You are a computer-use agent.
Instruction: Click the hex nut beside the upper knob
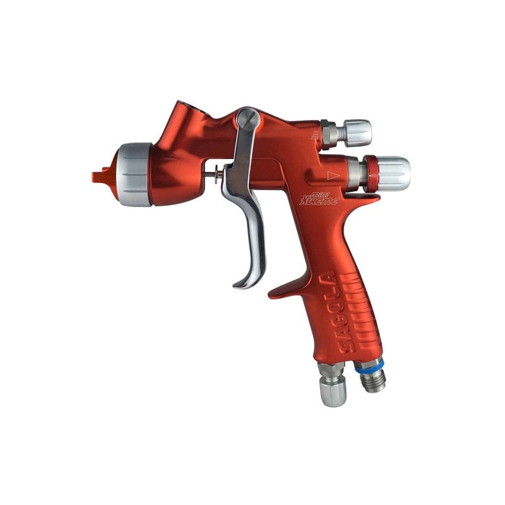click(x=329, y=132)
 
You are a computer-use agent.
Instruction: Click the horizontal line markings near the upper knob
click(x=314, y=138)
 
